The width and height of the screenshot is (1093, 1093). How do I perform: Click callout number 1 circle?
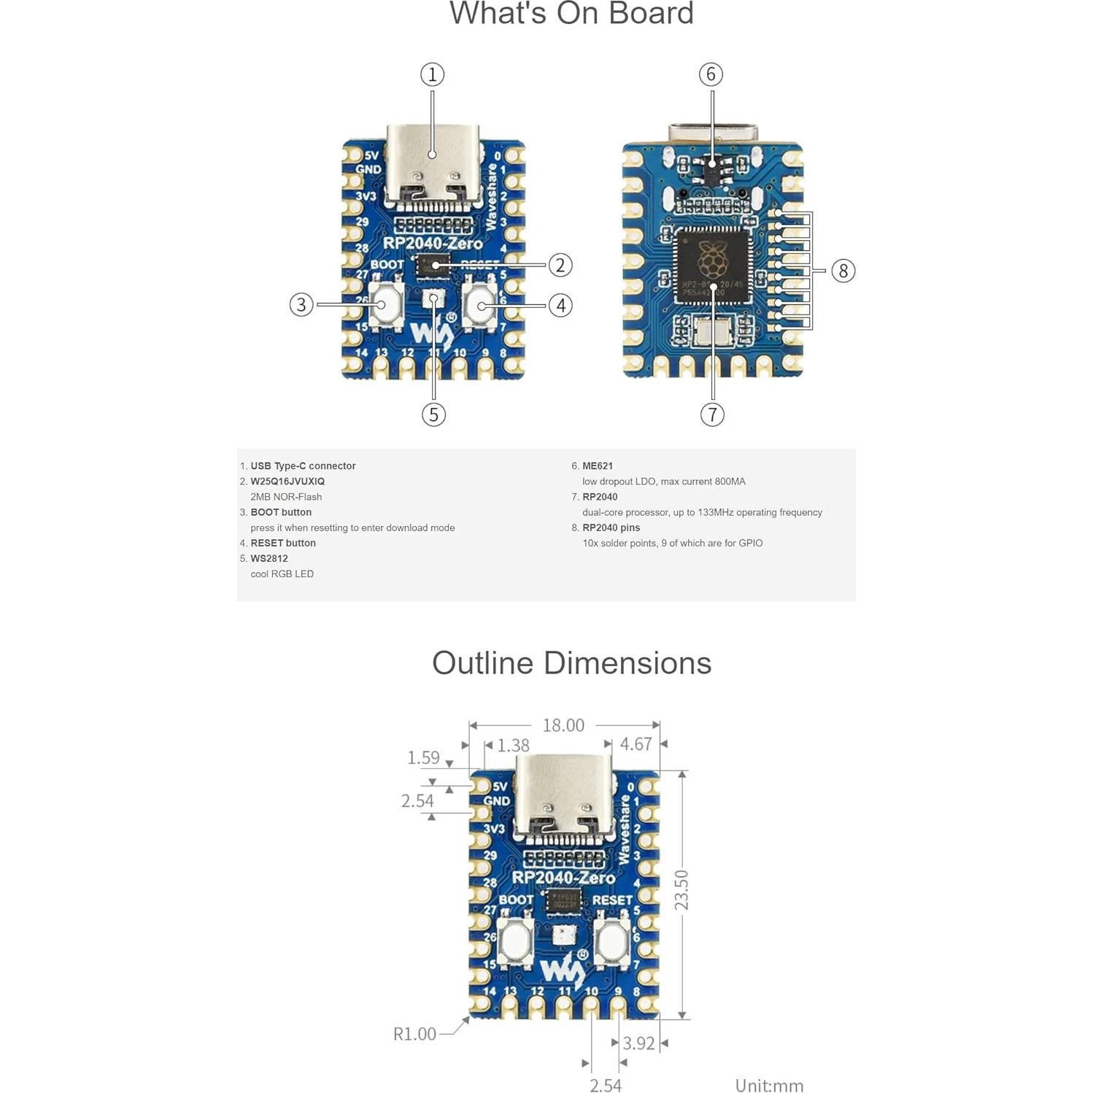pyautogui.click(x=432, y=74)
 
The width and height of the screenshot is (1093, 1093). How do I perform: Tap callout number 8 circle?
pyautogui.click(x=843, y=271)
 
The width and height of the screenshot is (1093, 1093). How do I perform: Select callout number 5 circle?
pyautogui.click(x=433, y=414)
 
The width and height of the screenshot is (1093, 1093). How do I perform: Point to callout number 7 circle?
pyautogui.click(x=712, y=414)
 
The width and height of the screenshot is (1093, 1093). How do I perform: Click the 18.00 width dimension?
pyautogui.click(x=563, y=725)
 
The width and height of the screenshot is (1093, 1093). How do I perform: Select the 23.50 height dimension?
pyautogui.click(x=681, y=890)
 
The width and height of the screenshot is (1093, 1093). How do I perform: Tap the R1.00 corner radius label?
pyautogui.click(x=414, y=1034)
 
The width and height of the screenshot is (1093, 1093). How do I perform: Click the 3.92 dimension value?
pyautogui.click(x=638, y=1043)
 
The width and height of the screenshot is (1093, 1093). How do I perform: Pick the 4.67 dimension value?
pyautogui.click(x=636, y=744)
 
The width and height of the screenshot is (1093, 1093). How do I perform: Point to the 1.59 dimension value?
pyautogui.click(x=423, y=757)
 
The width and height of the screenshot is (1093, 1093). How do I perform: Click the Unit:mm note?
pyautogui.click(x=769, y=1086)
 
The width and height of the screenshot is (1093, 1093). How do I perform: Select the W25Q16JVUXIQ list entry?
pyautogui.click(x=287, y=482)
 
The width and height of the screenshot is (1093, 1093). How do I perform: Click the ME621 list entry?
pyautogui.click(x=598, y=466)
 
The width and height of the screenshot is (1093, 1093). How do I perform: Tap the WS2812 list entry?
pyautogui.click(x=269, y=559)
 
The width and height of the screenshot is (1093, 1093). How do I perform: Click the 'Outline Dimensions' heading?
pyautogui.click(x=571, y=663)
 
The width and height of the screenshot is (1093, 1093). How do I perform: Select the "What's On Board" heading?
pyautogui.click(x=571, y=13)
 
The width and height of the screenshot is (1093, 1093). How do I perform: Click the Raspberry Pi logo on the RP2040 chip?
pyautogui.click(x=712, y=259)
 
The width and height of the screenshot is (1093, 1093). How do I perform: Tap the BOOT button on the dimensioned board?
pyautogui.click(x=514, y=941)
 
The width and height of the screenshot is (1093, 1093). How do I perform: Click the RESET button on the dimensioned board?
pyautogui.click(x=611, y=941)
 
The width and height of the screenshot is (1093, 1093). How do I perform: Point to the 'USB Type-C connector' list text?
pyautogui.click(x=303, y=466)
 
